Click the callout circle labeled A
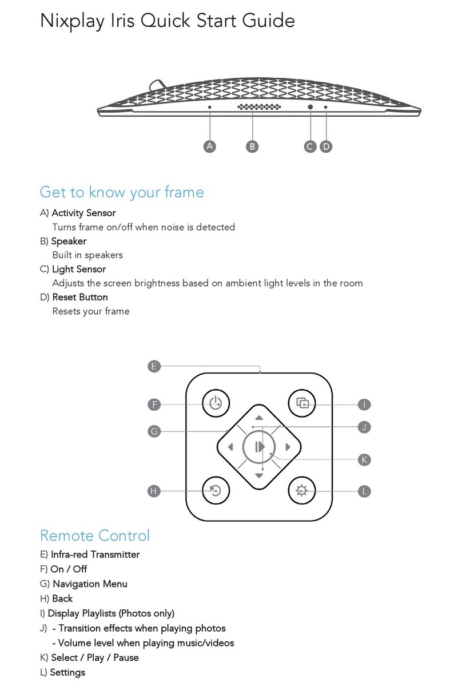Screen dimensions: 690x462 [210, 146]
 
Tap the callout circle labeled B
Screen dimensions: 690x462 [252, 146]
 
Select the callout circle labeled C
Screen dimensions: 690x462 [310, 146]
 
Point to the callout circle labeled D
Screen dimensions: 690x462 [326, 146]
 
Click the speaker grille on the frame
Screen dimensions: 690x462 [258, 107]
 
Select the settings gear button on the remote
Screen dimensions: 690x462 [301, 490]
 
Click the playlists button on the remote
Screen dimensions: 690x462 [301, 404]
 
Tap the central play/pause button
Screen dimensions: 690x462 [259, 447]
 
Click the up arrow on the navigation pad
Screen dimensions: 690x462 [259, 418]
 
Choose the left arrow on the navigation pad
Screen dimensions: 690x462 [230, 447]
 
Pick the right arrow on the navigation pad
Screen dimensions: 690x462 [288, 447]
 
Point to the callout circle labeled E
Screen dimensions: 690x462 [153, 366]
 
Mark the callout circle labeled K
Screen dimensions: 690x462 [364, 459]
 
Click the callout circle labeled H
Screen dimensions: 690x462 [153, 490]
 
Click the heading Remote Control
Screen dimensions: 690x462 [94, 536]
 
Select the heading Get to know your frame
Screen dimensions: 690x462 [121, 192]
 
